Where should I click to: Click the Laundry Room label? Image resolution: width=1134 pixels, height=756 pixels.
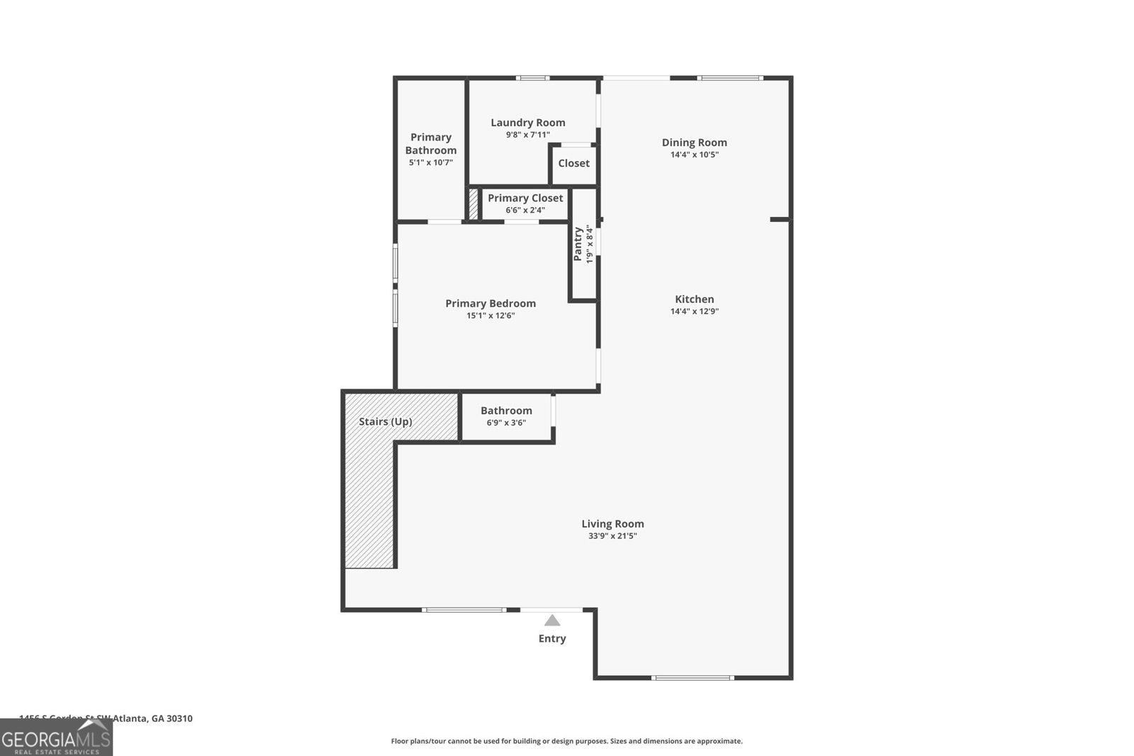528,123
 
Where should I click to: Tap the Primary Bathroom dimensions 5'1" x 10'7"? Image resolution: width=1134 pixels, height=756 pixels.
431,162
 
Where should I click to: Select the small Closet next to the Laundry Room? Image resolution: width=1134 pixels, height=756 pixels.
573,163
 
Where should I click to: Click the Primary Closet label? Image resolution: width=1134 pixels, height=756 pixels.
525,198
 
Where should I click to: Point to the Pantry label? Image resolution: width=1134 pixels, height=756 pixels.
578,244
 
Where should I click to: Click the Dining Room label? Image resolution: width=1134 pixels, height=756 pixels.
694,143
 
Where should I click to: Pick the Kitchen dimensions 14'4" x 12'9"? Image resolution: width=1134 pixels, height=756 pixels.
695,311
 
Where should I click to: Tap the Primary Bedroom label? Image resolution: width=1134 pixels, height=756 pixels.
490,304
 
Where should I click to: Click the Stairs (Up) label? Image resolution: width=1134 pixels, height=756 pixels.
386,421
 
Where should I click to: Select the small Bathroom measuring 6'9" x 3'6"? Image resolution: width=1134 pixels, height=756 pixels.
506,416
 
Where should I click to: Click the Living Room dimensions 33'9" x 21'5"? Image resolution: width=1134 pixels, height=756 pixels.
612,536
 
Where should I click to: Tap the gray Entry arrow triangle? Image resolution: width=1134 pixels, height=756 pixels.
552,621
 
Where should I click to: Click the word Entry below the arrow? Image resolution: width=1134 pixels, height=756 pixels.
552,638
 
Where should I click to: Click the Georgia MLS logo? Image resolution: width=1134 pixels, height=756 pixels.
56,738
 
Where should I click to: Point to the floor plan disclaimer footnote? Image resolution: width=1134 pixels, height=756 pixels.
566,741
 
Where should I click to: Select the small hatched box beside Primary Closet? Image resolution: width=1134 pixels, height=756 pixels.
473,204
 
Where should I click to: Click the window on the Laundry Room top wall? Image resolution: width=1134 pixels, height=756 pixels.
532,78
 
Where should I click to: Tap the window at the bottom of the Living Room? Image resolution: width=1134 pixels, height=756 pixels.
692,678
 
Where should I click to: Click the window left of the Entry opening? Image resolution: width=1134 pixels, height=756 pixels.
464,610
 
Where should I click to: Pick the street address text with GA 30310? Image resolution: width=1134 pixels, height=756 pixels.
106,718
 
